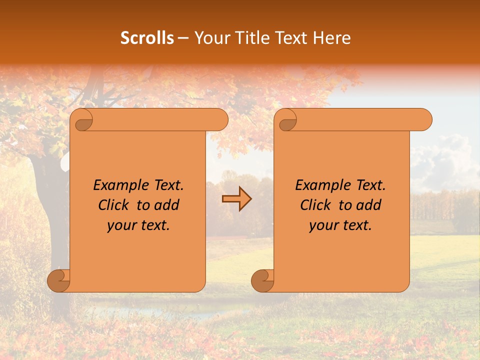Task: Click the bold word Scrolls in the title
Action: point(147,38)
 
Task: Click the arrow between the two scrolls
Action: point(236,198)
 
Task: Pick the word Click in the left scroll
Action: point(116,205)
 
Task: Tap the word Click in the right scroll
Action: point(318,205)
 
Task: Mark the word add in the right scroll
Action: point(369,205)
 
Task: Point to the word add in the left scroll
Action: point(167,205)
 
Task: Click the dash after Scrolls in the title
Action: point(183,38)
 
